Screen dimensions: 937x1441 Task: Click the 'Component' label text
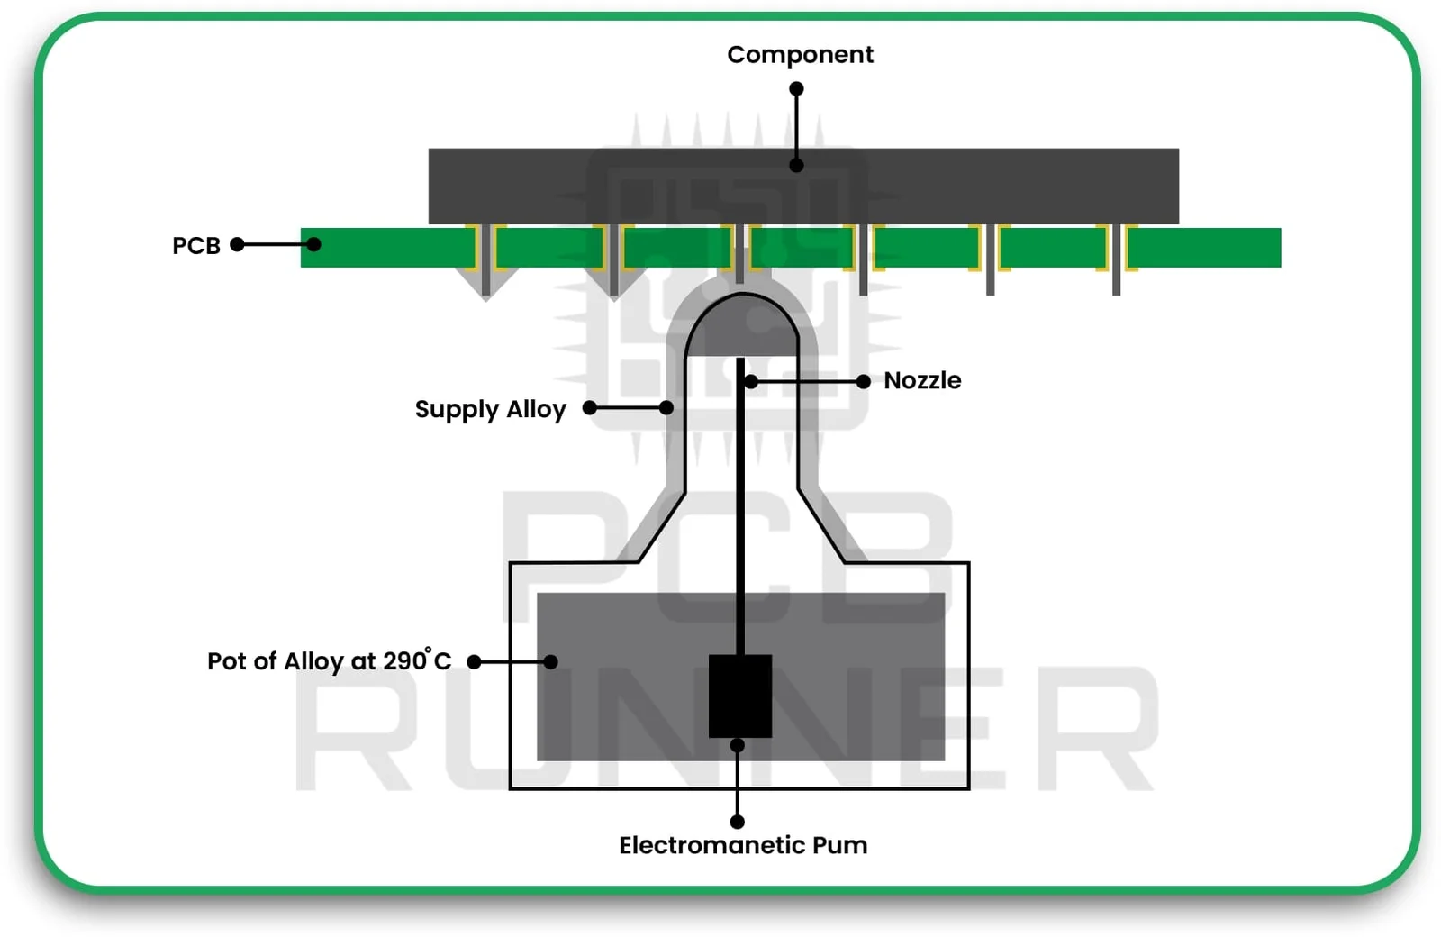(800, 55)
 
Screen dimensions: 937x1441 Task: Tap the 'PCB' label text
(196, 246)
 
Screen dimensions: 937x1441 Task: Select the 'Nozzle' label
(921, 381)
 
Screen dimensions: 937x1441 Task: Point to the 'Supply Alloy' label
(490, 410)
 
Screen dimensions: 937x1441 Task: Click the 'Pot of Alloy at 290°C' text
(329, 661)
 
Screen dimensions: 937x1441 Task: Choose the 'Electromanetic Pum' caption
(743, 845)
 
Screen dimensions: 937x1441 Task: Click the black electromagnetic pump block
(739, 696)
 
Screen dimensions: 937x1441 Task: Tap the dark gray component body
(991, 186)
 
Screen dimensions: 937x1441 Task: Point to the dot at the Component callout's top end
(796, 89)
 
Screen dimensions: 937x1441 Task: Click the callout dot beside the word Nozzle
(863, 382)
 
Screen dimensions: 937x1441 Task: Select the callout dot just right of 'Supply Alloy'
(590, 408)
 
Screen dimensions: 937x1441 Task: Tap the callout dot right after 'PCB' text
(238, 244)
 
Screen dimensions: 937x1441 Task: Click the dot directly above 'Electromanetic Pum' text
(737, 822)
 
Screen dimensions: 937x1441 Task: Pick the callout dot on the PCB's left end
(313, 244)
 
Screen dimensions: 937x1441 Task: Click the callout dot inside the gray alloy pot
(550, 662)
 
